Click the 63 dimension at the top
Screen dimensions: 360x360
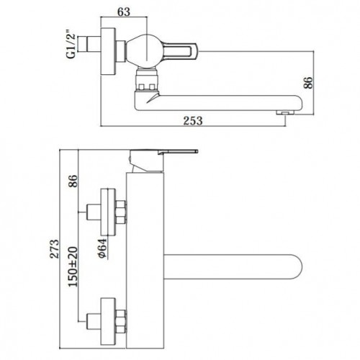124,12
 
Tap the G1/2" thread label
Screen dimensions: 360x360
71,45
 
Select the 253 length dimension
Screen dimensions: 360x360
193,121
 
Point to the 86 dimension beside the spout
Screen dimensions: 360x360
308,83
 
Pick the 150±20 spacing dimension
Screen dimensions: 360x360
73,266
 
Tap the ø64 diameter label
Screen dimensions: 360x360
102,248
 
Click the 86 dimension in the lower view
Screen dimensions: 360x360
73,181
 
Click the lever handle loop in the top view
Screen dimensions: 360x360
180,50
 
